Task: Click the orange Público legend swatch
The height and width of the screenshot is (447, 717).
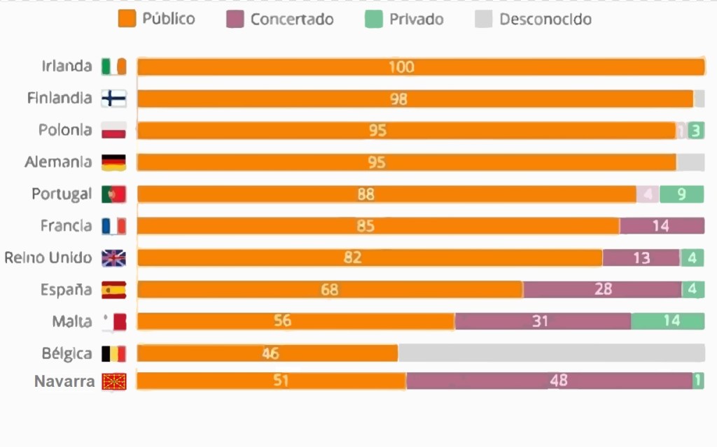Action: (x=127, y=19)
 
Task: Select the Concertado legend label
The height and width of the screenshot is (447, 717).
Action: (x=291, y=19)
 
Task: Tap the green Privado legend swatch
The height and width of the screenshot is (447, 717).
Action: (x=373, y=19)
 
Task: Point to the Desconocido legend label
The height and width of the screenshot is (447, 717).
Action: (x=545, y=19)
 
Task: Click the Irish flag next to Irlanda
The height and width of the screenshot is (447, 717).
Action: (x=113, y=66)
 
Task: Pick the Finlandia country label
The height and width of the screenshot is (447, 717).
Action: (x=60, y=98)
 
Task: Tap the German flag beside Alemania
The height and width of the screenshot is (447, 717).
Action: (x=113, y=162)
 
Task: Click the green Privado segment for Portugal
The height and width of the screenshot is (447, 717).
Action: (x=682, y=194)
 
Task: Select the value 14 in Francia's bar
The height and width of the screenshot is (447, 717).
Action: (x=660, y=226)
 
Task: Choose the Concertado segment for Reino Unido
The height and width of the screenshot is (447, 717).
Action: (x=641, y=257)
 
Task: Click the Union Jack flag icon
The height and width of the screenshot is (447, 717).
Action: (x=113, y=258)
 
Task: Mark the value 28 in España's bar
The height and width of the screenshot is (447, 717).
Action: (x=603, y=290)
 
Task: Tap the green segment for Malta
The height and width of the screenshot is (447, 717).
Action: (x=667, y=321)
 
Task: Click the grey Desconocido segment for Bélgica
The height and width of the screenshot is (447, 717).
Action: (x=551, y=353)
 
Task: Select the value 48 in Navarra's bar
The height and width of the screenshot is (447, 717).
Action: (x=558, y=381)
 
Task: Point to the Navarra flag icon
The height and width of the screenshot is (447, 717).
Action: (x=113, y=382)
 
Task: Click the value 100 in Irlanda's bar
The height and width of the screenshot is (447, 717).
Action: (x=402, y=67)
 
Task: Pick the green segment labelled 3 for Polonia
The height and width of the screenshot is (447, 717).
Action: (x=695, y=130)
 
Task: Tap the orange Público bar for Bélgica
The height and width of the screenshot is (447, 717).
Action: (x=267, y=353)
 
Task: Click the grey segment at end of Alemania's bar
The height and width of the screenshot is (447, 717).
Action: (x=690, y=162)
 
